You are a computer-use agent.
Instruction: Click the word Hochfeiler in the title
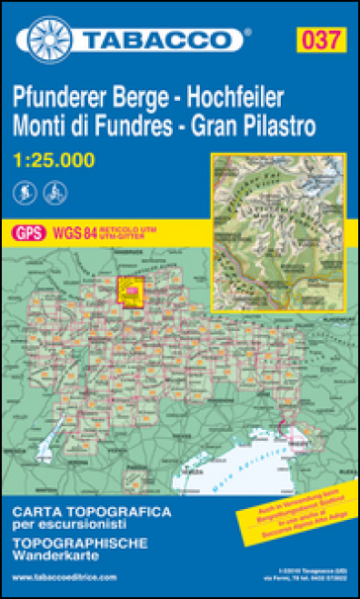235,98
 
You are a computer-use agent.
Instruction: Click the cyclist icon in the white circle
52,189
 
